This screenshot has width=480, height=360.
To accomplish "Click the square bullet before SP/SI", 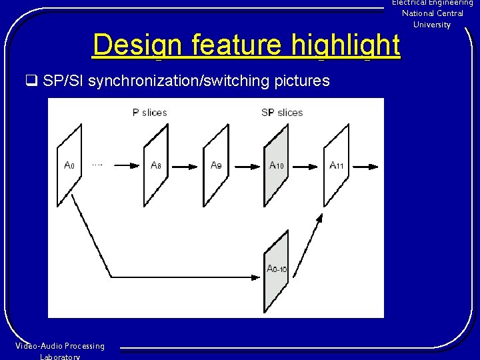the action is pos(31,81).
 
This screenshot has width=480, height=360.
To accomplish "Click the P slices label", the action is pos(149,113).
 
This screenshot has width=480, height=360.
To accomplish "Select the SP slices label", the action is pos(281,113).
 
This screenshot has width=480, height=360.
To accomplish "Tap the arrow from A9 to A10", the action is pos(245,165).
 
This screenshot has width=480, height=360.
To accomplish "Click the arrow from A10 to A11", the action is pos(306,165).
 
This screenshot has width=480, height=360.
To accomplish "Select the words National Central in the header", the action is pos(432,13).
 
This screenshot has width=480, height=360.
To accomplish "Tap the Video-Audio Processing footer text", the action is pos(60,346).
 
